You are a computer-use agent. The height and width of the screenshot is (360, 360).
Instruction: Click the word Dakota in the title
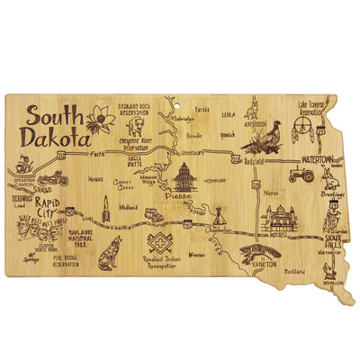58,141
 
